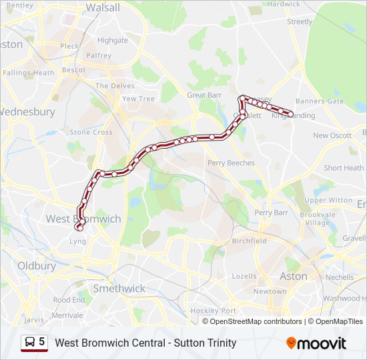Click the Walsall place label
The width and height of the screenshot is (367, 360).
click(x=103, y=8)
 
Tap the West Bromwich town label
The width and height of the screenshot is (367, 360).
click(x=83, y=219)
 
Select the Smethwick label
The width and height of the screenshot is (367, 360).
click(x=119, y=289)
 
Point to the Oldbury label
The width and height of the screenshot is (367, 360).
click(x=37, y=265)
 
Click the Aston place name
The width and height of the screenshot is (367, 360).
click(x=294, y=276)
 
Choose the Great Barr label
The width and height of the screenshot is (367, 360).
click(x=205, y=95)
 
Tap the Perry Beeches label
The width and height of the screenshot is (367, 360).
click(x=231, y=163)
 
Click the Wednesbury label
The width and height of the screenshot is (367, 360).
click(x=27, y=112)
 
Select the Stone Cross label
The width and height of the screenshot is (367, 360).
click(x=91, y=132)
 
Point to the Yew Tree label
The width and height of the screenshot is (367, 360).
click(x=138, y=99)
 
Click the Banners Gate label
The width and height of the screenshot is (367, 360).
click(x=320, y=101)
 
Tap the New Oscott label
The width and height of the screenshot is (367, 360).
click(x=332, y=135)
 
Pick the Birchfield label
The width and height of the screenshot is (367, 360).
click(x=249, y=241)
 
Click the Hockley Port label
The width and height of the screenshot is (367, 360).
click(x=214, y=311)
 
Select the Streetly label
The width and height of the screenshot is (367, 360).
click(x=300, y=22)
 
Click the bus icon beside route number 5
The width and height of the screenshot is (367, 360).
click(x=29, y=343)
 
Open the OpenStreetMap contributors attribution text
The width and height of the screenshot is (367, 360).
click(x=256, y=321)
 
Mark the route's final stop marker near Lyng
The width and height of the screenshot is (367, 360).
click(x=80, y=229)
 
